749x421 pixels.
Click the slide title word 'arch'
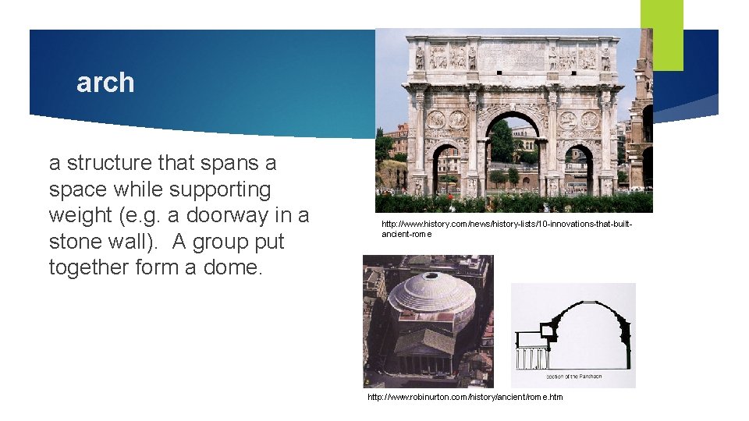[105, 83]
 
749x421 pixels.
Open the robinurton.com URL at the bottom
[465, 398]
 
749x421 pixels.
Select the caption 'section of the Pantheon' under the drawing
[575, 377]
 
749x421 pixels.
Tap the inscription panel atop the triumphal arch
[512, 56]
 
